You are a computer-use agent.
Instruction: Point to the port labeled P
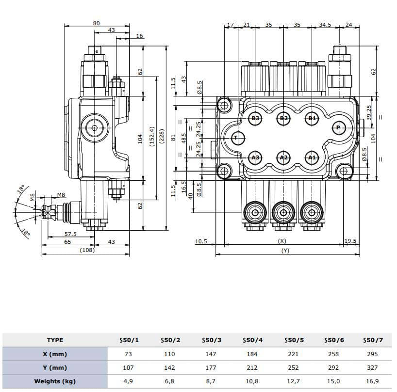(x=339, y=128)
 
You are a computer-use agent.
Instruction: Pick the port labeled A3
(x=256, y=157)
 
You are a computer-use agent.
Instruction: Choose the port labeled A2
(x=284, y=157)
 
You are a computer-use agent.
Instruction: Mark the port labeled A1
(x=312, y=157)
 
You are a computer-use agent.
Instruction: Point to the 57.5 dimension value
(x=71, y=234)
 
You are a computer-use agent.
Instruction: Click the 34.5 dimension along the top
(x=325, y=24)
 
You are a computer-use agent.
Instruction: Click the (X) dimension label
(x=282, y=241)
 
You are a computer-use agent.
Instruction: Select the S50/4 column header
(x=252, y=340)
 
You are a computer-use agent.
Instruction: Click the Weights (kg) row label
(x=54, y=381)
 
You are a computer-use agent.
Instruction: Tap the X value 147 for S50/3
(x=211, y=354)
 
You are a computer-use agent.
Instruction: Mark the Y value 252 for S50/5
(x=293, y=367)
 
